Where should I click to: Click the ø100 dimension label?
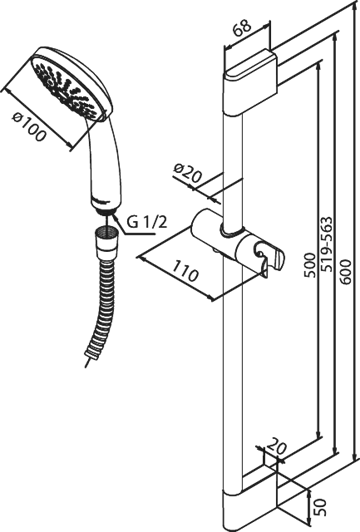click(x=29, y=127)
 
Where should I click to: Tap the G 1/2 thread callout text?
click(x=147, y=223)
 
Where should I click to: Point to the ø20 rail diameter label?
click(x=187, y=173)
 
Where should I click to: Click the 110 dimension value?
click(x=184, y=271)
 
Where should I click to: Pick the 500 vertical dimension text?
click(x=309, y=265)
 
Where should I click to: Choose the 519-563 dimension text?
click(x=327, y=244)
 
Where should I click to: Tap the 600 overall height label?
click(x=345, y=272)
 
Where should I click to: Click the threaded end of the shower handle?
click(x=107, y=211)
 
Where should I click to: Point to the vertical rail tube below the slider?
click(x=233, y=373)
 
